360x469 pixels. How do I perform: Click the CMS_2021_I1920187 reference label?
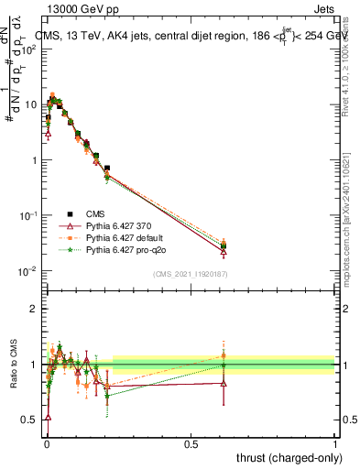point(190,273)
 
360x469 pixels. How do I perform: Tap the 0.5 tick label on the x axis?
point(191,443)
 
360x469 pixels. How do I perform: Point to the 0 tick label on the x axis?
point(46,443)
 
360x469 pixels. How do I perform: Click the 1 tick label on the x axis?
point(334,443)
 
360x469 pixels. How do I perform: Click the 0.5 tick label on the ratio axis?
point(29,420)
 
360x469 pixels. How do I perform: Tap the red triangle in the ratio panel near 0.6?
point(224,383)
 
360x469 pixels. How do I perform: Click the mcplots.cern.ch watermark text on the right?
point(352,229)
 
